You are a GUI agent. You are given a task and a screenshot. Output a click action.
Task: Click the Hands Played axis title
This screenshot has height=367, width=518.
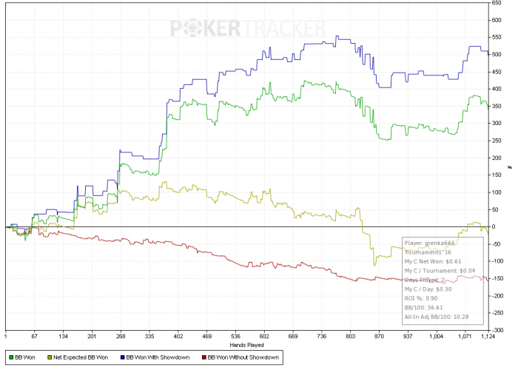[x=246, y=345]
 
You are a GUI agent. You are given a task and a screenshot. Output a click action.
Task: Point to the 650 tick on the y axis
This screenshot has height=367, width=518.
[x=497, y=3]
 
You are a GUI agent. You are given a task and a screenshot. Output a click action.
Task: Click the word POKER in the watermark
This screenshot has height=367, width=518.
[x=206, y=28]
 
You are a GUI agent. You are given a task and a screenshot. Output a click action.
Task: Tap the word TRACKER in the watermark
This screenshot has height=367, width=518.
[x=284, y=28]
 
